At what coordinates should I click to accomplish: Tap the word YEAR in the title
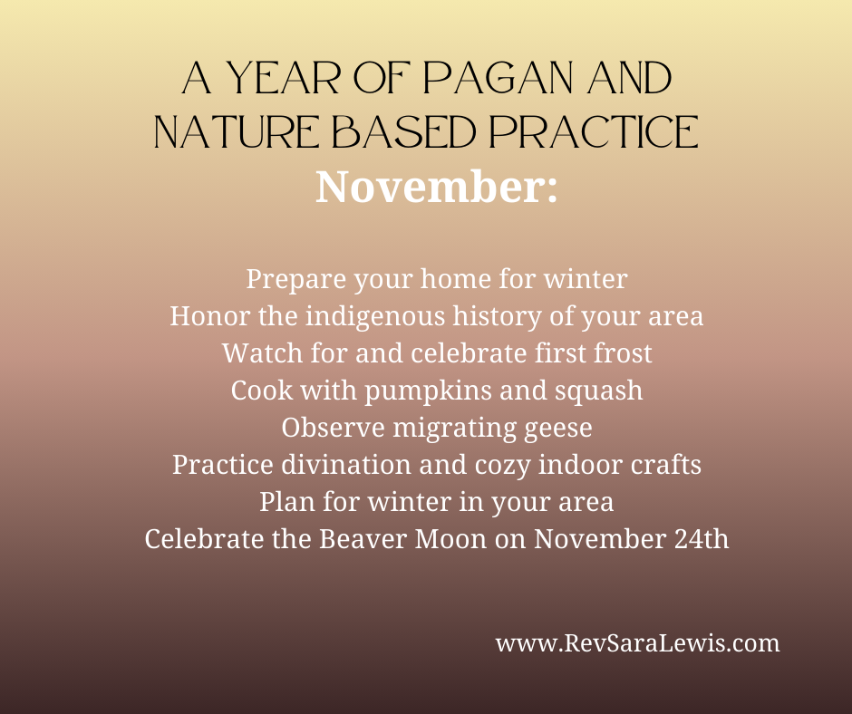283,78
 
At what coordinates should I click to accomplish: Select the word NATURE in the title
237,132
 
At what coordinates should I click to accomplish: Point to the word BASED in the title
403,132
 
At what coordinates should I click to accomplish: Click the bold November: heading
436,187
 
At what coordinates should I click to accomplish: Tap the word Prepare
296,279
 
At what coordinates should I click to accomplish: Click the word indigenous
375,315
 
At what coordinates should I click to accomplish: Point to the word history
498,316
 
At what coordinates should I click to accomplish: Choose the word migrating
454,428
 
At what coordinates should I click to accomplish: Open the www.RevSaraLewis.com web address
637,643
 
